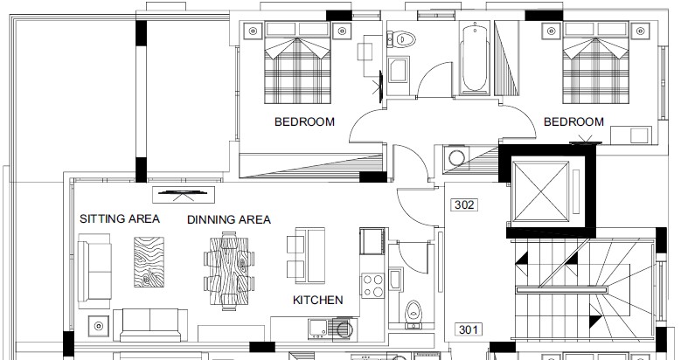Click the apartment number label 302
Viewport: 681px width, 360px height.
tap(464, 204)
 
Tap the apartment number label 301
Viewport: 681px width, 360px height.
tap(468, 329)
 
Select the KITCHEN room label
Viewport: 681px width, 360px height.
tap(318, 300)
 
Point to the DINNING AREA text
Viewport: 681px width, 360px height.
tap(229, 219)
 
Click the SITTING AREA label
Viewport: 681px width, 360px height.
tap(120, 218)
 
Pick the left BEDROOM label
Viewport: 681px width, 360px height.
tap(304, 121)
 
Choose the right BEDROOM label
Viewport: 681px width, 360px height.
tap(573, 121)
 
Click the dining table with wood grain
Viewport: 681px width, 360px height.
tap(229, 272)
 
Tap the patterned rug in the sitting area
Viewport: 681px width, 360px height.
tap(149, 262)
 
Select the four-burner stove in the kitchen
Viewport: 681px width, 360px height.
tap(373, 286)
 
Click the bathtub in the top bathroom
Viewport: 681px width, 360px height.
tap(475, 59)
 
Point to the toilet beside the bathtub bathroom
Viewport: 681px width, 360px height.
tap(401, 39)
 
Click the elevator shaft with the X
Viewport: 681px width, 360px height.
tap(540, 191)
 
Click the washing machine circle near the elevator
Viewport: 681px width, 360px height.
tap(456, 158)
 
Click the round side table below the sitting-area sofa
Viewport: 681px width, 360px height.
tap(99, 325)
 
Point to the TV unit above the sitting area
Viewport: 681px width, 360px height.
tap(183, 194)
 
